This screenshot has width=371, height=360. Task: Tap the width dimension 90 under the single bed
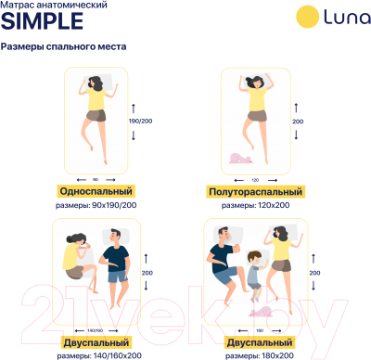96,179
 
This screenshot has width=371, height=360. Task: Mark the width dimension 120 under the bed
254,179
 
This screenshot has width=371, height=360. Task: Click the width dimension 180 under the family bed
259,329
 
